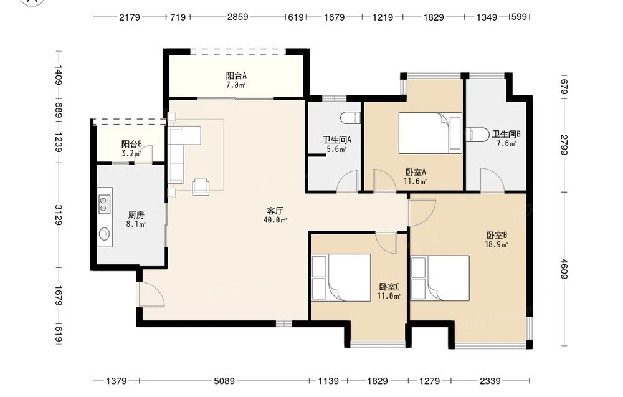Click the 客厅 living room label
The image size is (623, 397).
click(275, 211)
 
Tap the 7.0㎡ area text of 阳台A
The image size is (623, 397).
click(236, 85)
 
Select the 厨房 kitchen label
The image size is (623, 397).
click(136, 215)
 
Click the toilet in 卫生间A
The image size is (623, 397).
click(350, 118)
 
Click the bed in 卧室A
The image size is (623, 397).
click(430, 133)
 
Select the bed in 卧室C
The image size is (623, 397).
click(341, 277)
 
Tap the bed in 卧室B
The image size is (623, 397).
click(440, 278)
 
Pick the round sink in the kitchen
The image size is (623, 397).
click(104, 234)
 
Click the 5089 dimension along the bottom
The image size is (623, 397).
click(224, 381)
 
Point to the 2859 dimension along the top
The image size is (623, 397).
click(237, 17)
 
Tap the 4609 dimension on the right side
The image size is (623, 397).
click(564, 269)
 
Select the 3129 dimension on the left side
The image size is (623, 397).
click(59, 214)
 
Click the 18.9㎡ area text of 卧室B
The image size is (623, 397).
click(497, 244)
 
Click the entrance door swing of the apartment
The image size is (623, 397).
click(151, 294)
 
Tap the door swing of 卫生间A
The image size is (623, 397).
click(348, 181)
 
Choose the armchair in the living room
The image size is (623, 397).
click(201, 187)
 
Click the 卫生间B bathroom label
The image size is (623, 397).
click(506, 135)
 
